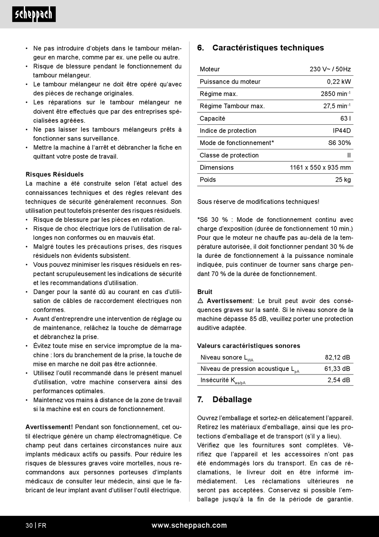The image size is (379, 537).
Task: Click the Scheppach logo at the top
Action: (34, 14)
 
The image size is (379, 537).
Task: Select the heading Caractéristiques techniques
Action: (268, 48)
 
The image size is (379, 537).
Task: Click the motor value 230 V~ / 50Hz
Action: (330, 69)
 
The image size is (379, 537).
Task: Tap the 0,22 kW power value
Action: (339, 82)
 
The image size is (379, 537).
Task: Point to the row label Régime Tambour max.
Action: (232, 106)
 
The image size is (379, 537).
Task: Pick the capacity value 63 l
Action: (345, 118)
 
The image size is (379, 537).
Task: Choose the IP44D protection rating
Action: (342, 131)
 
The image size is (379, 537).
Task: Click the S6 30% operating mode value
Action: (340, 143)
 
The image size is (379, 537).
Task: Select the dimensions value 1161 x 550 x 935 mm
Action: (320, 167)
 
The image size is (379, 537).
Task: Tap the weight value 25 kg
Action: (343, 180)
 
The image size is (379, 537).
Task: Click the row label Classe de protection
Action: (229, 155)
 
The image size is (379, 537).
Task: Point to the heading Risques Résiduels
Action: (55, 174)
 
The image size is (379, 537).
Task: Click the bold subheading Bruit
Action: (205, 292)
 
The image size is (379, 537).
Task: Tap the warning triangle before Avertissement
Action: (200, 301)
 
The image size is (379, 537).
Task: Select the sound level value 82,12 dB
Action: (337, 357)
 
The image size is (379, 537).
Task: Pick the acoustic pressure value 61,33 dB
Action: (337, 369)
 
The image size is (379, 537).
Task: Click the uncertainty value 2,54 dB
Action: (339, 380)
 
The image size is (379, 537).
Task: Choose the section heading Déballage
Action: (232, 400)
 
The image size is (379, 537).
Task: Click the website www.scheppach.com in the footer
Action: (189, 525)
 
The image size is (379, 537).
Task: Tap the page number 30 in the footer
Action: (29, 525)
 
